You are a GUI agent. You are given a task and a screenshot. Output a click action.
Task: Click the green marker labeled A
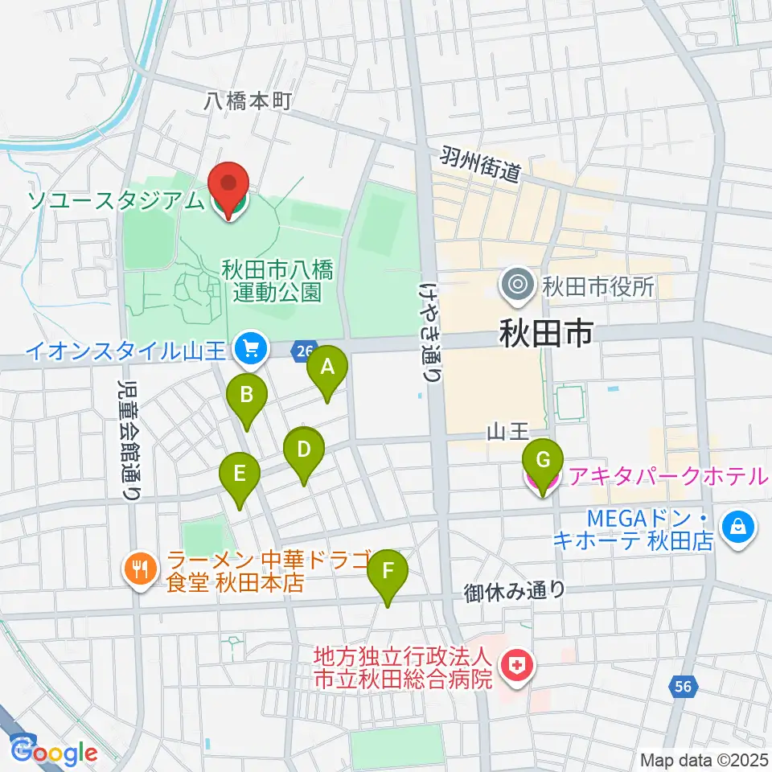(x=327, y=368)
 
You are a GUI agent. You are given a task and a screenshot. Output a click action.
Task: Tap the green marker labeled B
(x=246, y=396)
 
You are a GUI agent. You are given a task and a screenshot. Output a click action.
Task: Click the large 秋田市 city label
(x=547, y=331)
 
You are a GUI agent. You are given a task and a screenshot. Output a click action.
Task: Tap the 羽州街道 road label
(x=482, y=164)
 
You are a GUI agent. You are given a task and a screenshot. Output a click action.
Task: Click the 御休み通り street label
(x=515, y=591)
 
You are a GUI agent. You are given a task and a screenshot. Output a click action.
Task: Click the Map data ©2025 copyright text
(x=703, y=759)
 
